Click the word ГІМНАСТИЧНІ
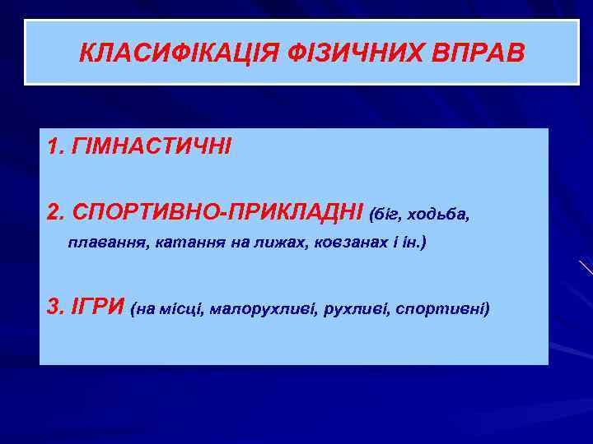[x=152, y=148]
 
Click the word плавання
[x=100, y=244]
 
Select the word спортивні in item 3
[x=442, y=310]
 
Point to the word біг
[x=385, y=215]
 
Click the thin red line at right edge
[x=586, y=266]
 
